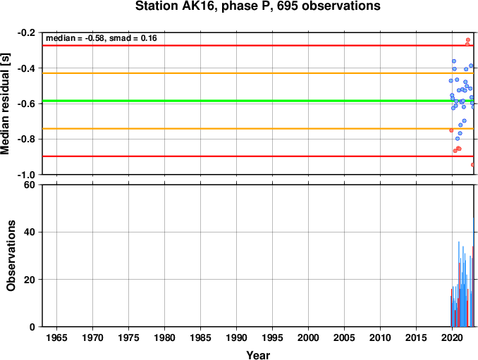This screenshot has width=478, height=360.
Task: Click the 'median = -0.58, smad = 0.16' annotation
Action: [102, 38]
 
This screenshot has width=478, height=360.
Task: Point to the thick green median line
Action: [258, 101]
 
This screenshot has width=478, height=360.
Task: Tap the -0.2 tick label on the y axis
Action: [26, 32]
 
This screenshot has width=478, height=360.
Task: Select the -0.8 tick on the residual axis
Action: [26, 139]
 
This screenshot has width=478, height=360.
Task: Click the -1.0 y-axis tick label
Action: [26, 175]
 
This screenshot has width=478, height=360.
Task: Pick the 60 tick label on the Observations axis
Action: [30, 185]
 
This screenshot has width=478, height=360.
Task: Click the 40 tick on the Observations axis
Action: [30, 232]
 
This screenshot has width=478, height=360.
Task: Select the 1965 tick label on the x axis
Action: [56, 337]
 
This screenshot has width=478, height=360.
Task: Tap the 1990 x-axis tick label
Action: [237, 337]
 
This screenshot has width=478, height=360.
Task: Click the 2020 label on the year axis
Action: [452, 337]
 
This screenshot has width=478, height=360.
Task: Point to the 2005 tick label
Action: [344, 337]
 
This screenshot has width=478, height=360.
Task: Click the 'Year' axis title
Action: [258, 355]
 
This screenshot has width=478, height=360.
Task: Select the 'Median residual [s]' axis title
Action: [5, 104]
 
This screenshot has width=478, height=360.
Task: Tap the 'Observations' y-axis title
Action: [11, 256]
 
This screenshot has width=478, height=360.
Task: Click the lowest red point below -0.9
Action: [472, 165]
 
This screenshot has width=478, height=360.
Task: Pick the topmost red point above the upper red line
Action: [468, 40]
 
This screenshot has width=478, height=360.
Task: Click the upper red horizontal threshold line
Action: [258, 45]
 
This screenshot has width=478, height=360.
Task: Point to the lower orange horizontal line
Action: [258, 128]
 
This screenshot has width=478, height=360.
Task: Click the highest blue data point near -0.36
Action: [454, 61]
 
